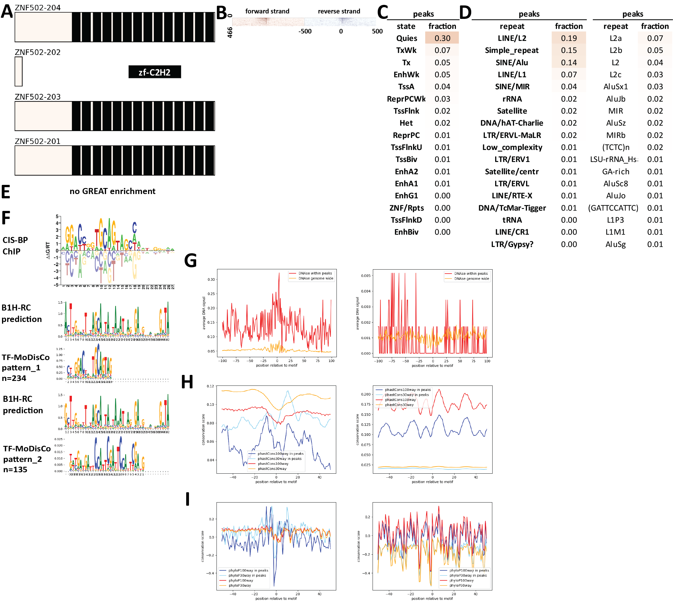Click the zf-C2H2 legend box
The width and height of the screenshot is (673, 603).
point(154,72)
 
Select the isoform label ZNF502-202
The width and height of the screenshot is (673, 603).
point(38,52)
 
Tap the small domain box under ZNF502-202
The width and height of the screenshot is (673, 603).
point(19,71)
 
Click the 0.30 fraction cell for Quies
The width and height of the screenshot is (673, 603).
point(442,38)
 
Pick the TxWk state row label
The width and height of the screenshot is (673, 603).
point(406,50)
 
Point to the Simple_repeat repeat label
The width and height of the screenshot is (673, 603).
point(511,50)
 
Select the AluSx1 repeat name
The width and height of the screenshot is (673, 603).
point(615,87)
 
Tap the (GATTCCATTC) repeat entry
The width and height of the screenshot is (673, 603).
point(613,208)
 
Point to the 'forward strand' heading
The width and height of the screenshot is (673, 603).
point(267,11)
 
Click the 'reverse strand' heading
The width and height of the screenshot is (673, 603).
point(339,11)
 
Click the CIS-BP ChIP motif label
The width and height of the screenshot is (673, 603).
point(15,246)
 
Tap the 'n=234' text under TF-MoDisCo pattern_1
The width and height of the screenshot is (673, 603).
point(14,378)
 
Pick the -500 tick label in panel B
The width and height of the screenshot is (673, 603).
point(305,31)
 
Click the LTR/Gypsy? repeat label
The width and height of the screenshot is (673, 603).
point(512,244)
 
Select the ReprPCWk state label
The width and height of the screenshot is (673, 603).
point(406,99)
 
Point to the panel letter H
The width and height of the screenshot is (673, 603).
point(187,382)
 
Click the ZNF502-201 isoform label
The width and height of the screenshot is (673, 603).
point(38,141)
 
